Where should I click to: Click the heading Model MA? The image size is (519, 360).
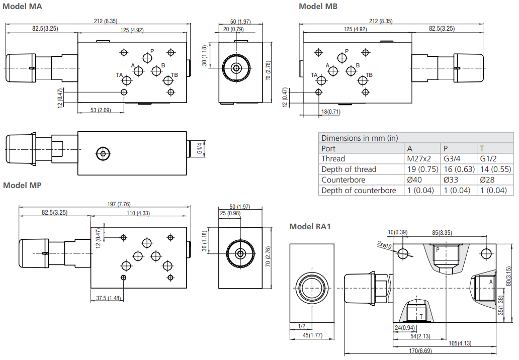click(23, 7)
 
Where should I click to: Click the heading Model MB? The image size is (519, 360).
click(318, 7)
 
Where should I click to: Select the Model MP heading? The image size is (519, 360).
click(22, 185)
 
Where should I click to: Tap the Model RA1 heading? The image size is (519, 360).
click(310, 227)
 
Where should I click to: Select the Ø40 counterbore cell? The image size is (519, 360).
click(415, 180)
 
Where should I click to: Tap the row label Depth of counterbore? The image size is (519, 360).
click(359, 191)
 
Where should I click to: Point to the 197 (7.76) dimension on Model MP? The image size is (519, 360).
click(119, 204)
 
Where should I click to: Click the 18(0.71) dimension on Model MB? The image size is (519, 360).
click(330, 112)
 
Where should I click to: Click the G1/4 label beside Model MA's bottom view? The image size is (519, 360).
click(199, 149)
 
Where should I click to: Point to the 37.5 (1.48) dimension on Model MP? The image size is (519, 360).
click(109, 298)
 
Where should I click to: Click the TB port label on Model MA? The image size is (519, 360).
click(174, 75)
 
